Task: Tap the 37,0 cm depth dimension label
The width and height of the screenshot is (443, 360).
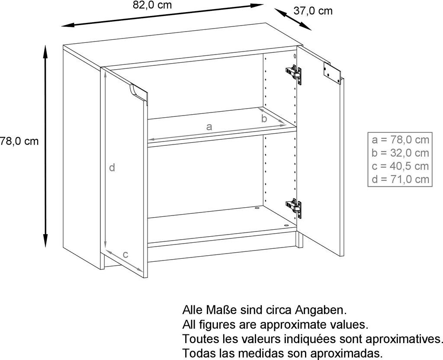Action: (x=313, y=11)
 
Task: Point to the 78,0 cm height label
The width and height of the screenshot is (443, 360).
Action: (x=19, y=141)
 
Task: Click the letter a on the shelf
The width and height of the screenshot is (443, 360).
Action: (x=209, y=127)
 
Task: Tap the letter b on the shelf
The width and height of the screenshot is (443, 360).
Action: (x=264, y=119)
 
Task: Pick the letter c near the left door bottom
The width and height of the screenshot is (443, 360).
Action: (x=125, y=254)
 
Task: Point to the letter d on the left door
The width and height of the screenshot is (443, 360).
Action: (x=112, y=167)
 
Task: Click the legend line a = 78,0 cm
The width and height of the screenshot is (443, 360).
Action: (x=400, y=139)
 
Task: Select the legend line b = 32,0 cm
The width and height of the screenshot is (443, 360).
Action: (x=400, y=152)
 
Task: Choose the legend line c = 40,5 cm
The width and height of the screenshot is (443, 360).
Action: (x=400, y=166)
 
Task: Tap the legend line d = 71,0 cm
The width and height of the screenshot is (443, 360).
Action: (x=400, y=179)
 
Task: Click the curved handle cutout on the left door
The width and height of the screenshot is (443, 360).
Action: (x=138, y=92)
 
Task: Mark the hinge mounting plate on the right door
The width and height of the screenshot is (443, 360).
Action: (x=331, y=72)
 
